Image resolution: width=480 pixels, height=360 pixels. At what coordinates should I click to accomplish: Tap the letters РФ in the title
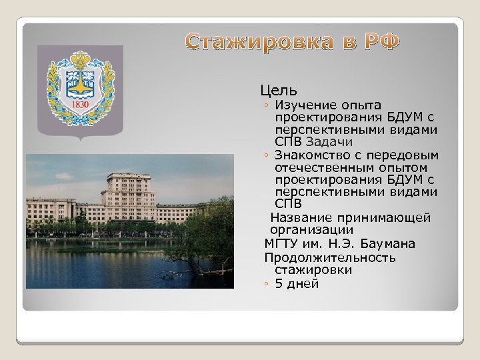[381, 43]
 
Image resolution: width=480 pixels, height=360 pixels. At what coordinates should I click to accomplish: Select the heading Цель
[279, 90]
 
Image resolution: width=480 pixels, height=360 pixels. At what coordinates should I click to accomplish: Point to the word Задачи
[329, 142]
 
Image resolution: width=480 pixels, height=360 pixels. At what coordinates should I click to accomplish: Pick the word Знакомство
[310, 155]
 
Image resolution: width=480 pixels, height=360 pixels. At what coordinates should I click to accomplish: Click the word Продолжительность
[329, 257]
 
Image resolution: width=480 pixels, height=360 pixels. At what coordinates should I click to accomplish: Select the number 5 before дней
[279, 283]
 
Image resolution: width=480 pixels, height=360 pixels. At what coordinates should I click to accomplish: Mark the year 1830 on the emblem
[80, 105]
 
